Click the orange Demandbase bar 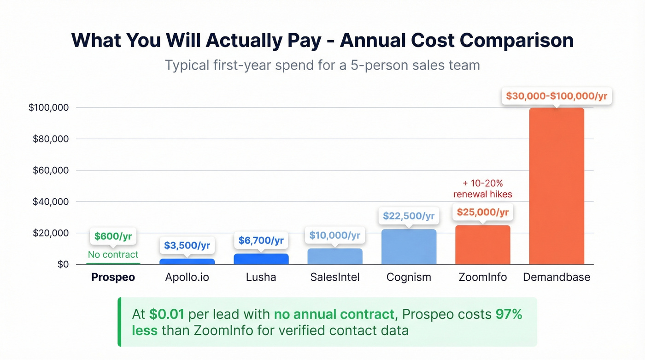[x=556, y=186]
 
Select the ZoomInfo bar [x=482, y=245]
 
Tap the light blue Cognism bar [x=409, y=247]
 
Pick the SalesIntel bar [x=335, y=257]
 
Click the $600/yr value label [x=113, y=236]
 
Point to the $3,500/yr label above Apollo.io [x=187, y=245]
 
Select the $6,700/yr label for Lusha [x=261, y=240]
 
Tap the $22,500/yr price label [x=409, y=216]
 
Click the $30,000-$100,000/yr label [x=556, y=96]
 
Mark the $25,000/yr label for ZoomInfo [x=482, y=212]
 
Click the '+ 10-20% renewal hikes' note [x=482, y=189]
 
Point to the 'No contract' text [x=113, y=254]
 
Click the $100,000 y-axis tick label [x=48, y=107]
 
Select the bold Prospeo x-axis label [x=113, y=277]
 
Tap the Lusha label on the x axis [x=261, y=277]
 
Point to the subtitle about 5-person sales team [x=322, y=65]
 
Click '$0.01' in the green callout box [x=166, y=315]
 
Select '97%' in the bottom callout [x=509, y=315]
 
